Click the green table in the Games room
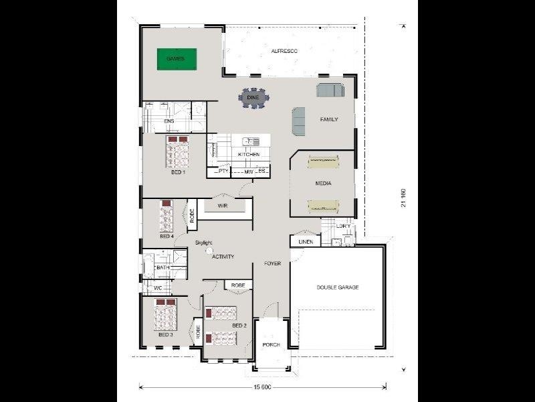tap(176, 59)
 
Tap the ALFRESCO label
tap(284, 51)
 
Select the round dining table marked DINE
tap(253, 98)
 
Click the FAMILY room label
tap(329, 119)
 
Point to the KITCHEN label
tap(249, 155)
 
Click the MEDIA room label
tap(324, 183)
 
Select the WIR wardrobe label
tap(223, 206)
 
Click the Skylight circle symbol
tap(208, 250)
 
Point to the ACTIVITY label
tap(223, 257)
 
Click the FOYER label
tap(272, 263)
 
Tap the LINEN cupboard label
tap(306, 241)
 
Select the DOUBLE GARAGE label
tap(338, 287)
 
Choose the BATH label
tap(163, 268)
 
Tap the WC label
tap(158, 288)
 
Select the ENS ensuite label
tap(169, 121)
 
